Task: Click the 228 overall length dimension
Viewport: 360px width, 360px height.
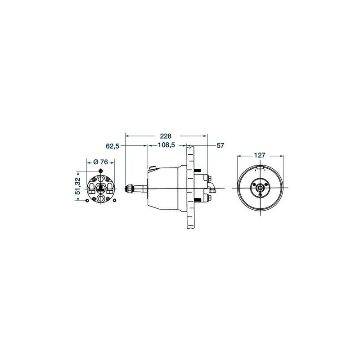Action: (166, 136)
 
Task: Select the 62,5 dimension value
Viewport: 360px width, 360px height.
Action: (112, 146)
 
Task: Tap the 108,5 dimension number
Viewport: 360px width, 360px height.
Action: (166, 145)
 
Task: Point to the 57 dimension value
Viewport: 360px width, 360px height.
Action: (220, 145)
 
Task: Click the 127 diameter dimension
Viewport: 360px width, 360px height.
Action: (260, 155)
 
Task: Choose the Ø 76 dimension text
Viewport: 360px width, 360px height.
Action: (100, 162)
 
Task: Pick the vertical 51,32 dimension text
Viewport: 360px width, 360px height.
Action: (78, 186)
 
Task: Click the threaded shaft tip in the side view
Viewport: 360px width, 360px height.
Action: (128, 189)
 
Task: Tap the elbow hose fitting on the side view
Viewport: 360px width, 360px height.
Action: (211, 186)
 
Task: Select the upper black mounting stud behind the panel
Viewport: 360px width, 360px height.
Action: (198, 171)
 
